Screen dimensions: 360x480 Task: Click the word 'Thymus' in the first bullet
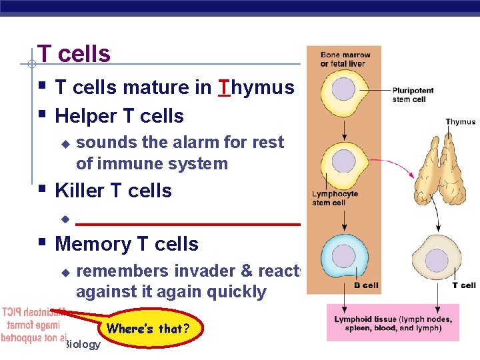click(x=256, y=87)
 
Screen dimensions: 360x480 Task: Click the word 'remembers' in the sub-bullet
click(x=123, y=271)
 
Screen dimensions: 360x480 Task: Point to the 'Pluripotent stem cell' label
click(x=413, y=95)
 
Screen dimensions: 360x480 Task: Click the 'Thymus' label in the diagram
click(x=460, y=122)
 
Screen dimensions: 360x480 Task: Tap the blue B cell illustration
click(x=344, y=256)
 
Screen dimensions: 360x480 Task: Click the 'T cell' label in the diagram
click(x=464, y=285)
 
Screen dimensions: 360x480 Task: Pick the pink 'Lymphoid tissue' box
click(x=393, y=323)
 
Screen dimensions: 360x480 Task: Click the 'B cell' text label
click(x=365, y=285)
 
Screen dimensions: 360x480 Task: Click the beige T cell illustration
click(x=437, y=259)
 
